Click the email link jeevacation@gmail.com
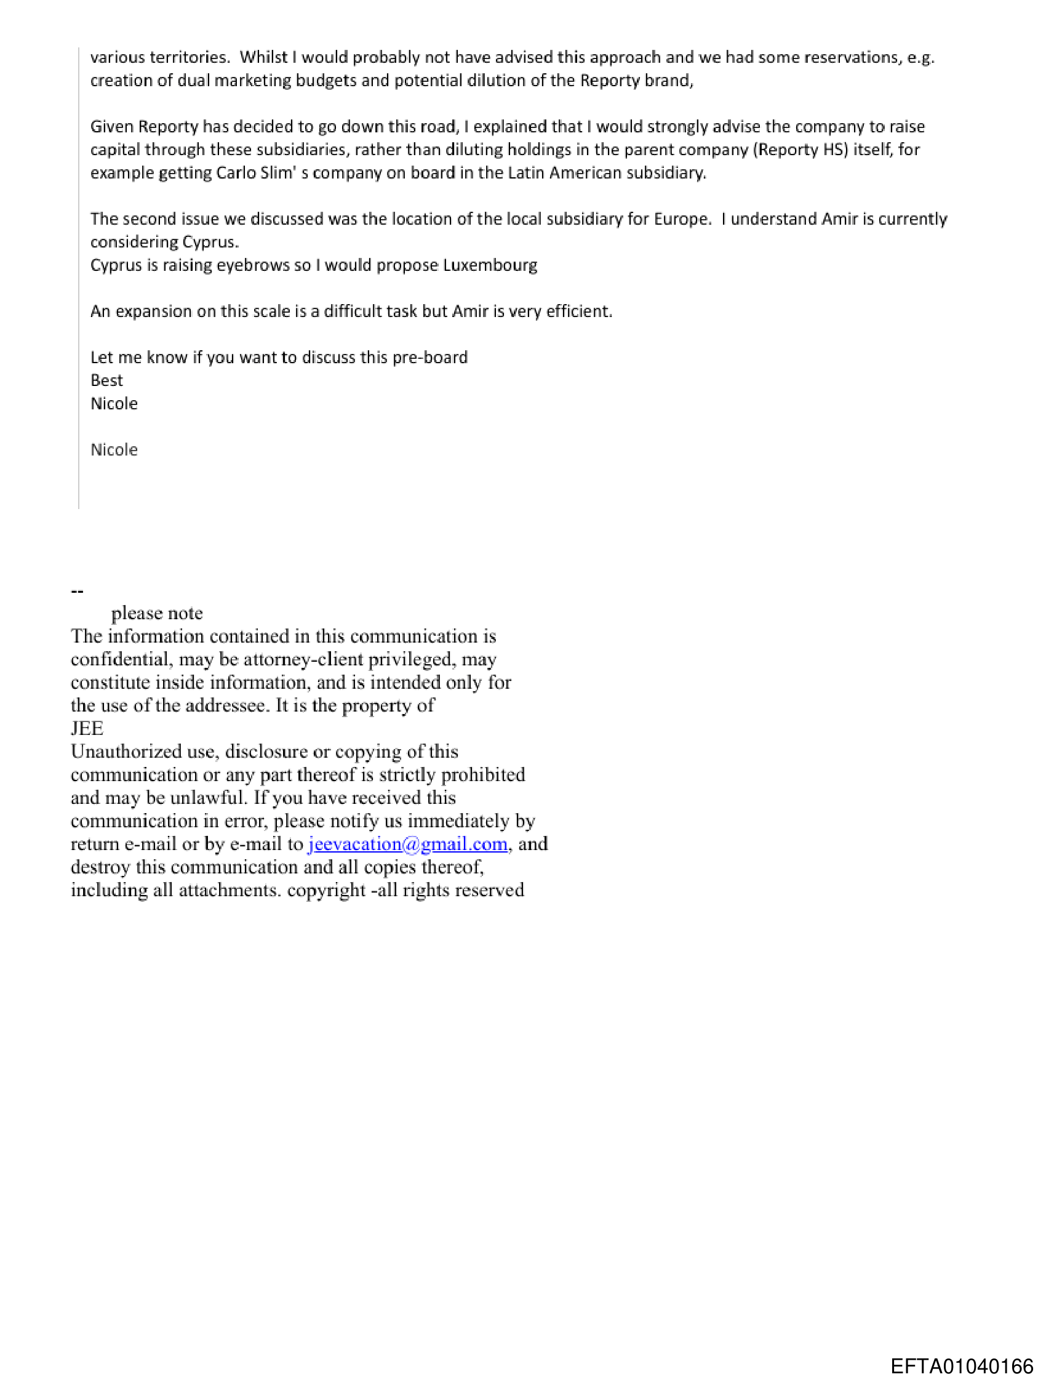click(x=407, y=844)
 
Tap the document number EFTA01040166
click(x=962, y=1366)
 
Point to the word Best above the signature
click(x=106, y=380)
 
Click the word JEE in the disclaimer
click(x=87, y=729)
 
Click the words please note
click(x=157, y=614)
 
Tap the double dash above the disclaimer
click(x=78, y=590)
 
